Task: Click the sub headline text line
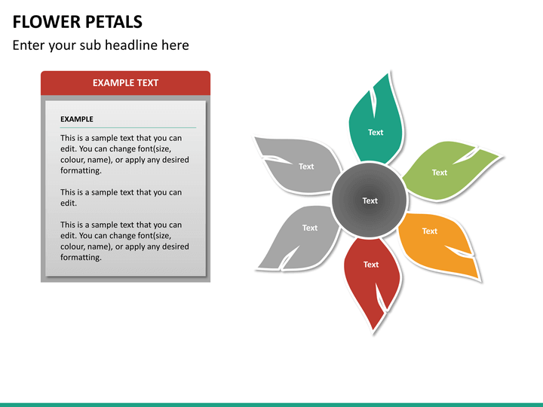tap(100, 45)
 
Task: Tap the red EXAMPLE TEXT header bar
tap(125, 83)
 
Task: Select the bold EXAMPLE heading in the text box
tap(77, 119)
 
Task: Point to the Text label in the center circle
tap(370, 200)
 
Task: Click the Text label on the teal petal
tap(376, 133)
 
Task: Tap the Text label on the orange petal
tap(430, 231)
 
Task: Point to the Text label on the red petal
tap(371, 265)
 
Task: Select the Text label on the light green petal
tap(440, 173)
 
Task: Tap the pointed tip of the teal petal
tap(389, 74)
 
